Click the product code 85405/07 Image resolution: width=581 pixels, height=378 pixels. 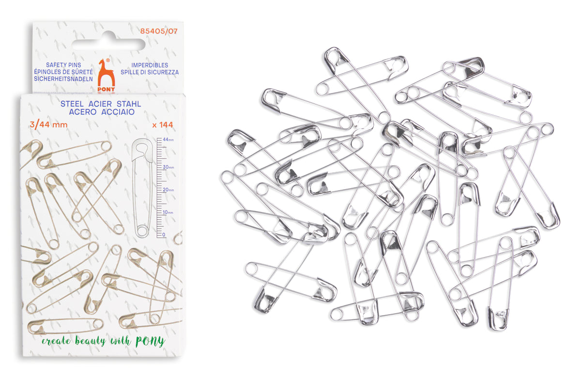pyautogui.click(x=159, y=31)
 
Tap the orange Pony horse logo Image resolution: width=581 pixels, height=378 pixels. pyautogui.click(x=106, y=75)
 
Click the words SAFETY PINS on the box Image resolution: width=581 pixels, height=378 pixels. pyautogui.click(x=63, y=65)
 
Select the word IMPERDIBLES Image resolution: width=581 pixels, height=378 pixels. pyautogui.click(x=150, y=65)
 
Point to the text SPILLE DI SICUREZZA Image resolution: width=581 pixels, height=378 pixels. pyautogui.click(x=150, y=72)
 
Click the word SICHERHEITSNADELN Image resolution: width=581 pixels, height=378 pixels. pyautogui.click(x=63, y=79)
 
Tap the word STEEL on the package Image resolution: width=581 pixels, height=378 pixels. pyautogui.click(x=72, y=104)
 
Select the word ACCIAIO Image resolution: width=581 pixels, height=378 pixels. pyautogui.click(x=118, y=112)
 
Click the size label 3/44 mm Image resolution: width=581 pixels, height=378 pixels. pyautogui.click(x=48, y=125)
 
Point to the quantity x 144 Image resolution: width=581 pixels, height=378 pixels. pyautogui.click(x=163, y=125)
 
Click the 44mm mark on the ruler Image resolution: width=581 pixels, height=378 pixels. pyautogui.click(x=168, y=139)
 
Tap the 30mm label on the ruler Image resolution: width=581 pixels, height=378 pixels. pyautogui.click(x=168, y=167)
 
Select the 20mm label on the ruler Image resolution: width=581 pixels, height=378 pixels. pyautogui.click(x=168, y=190)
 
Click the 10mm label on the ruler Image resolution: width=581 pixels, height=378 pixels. pyautogui.click(x=168, y=212)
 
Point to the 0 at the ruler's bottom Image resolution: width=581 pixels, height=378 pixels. pyautogui.click(x=164, y=235)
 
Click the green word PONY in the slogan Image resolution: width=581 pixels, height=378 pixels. pyautogui.click(x=150, y=341)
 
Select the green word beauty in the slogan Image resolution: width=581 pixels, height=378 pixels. pyautogui.click(x=90, y=340)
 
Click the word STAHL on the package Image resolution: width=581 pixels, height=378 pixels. pyautogui.click(x=129, y=104)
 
